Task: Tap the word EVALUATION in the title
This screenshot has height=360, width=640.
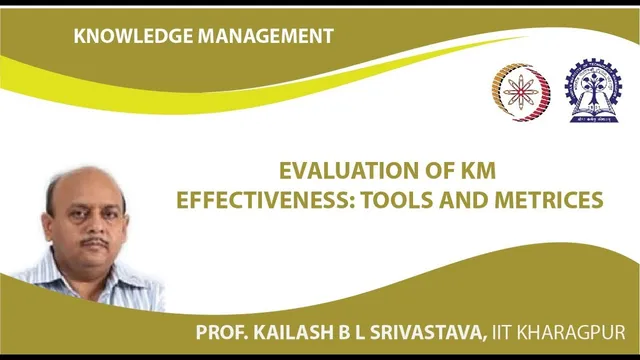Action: click(338, 170)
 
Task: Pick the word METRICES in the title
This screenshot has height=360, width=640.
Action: click(548, 199)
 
